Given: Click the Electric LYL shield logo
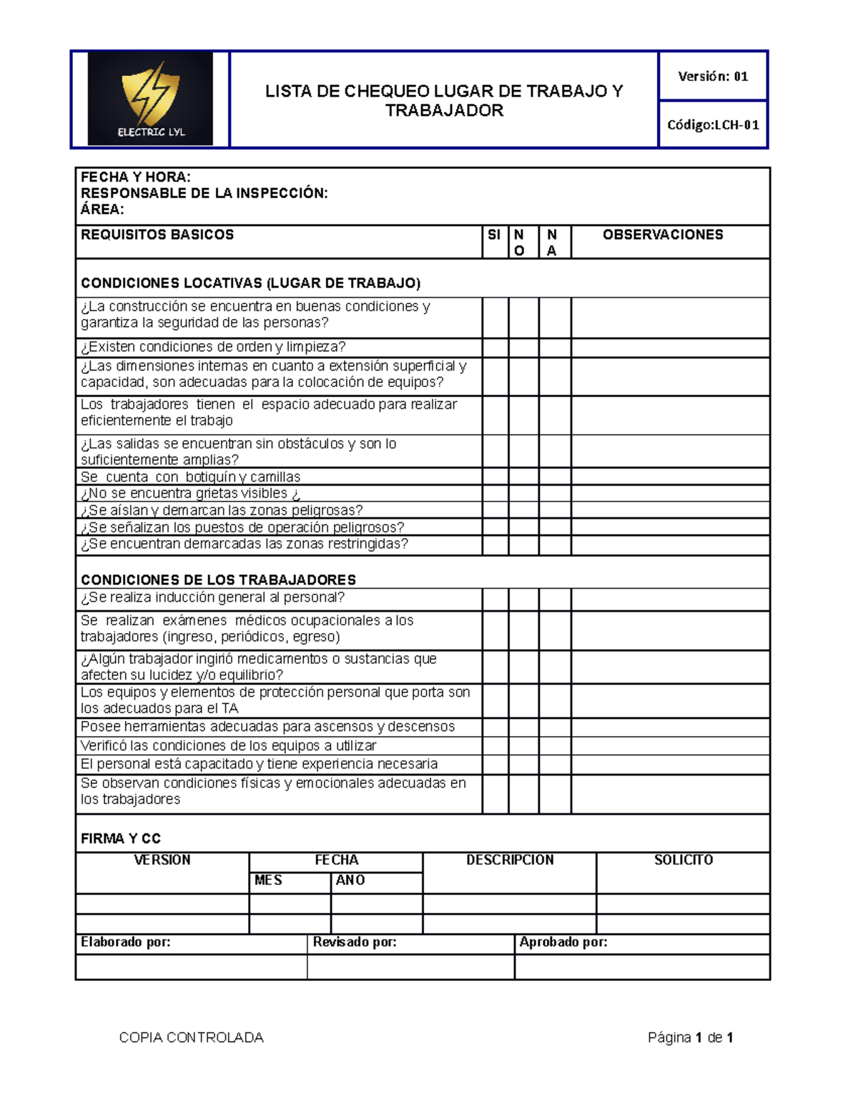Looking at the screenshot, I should pyautogui.click(x=150, y=99).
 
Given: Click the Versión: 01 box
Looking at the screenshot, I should pyautogui.click(x=712, y=77).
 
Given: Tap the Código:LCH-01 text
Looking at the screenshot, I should pyautogui.click(x=713, y=125).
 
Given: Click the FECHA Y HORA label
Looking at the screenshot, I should pyautogui.click(x=136, y=177).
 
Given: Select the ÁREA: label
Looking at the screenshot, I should pyautogui.click(x=102, y=210).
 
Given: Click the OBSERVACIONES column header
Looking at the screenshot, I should pyautogui.click(x=663, y=235).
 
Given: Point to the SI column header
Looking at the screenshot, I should pyautogui.click(x=494, y=235).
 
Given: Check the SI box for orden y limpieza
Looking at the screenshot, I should pyautogui.click(x=495, y=348).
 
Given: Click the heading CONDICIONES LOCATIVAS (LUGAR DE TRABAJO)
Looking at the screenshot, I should pyautogui.click(x=250, y=283).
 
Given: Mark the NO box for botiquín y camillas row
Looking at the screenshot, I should pyautogui.click(x=523, y=477).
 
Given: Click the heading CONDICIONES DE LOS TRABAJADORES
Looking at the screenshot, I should pyautogui.click(x=218, y=579).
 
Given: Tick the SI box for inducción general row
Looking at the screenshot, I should pyautogui.click(x=495, y=599).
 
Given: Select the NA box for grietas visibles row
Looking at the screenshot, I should pyautogui.click(x=555, y=494).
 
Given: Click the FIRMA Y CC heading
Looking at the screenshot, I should pyautogui.click(x=121, y=838).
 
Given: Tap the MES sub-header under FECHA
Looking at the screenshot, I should pyautogui.click(x=268, y=881).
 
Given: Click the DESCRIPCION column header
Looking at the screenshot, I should pyautogui.click(x=510, y=860).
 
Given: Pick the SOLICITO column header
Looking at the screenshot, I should pyautogui.click(x=684, y=860).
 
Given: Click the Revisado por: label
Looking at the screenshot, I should pyautogui.click(x=355, y=942).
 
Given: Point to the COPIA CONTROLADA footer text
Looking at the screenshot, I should pyautogui.click(x=191, y=1037).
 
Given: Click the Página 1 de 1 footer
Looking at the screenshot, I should pyautogui.click(x=690, y=1037).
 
